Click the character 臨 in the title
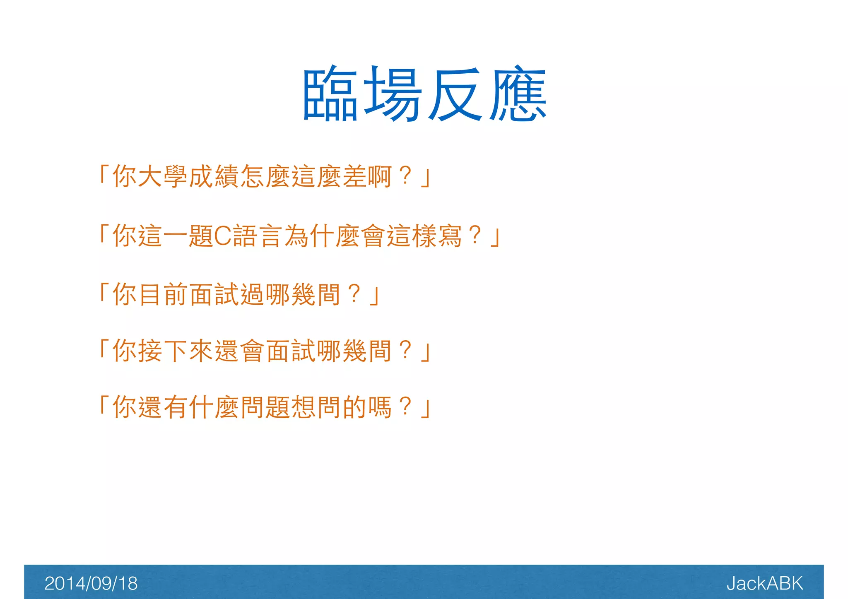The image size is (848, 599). (330, 94)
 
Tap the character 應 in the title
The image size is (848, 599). (518, 94)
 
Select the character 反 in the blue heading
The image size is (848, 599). (455, 94)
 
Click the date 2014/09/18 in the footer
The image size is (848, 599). (91, 583)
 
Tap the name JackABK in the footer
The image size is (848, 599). (764, 583)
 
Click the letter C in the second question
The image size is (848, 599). (222, 236)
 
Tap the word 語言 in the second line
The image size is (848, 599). (258, 236)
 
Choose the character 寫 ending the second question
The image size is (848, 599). (450, 236)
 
